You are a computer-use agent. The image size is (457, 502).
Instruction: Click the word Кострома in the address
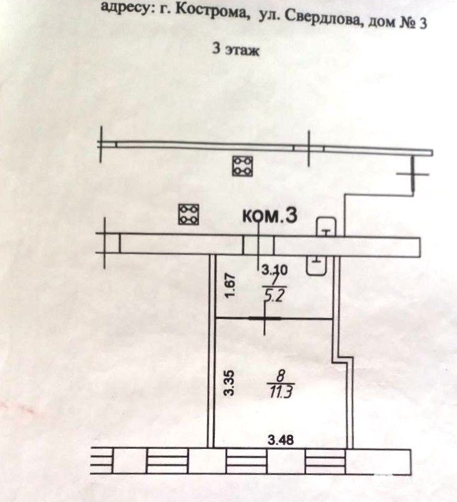[213, 12]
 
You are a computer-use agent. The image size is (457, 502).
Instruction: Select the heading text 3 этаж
[236, 49]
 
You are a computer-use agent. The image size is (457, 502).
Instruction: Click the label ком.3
[270, 215]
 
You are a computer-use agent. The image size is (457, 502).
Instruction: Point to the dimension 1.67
[231, 285]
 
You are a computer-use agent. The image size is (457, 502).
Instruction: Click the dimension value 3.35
[229, 383]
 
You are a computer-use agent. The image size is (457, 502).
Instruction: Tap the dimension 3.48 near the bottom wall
[281, 440]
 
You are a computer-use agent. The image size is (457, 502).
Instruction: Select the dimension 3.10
[274, 270]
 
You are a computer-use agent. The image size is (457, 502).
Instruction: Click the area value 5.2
[274, 295]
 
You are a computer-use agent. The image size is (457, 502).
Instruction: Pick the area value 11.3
[281, 392]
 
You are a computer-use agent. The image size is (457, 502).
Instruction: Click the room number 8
[280, 376]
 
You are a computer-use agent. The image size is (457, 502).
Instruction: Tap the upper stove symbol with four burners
[242, 166]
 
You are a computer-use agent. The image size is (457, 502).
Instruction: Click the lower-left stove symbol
[188, 214]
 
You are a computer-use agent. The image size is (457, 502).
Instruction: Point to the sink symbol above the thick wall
[326, 227]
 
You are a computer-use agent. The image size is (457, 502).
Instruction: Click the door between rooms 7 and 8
[265, 319]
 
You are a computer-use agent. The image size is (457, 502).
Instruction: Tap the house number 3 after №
[423, 23]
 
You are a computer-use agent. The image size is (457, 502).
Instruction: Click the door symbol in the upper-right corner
[413, 175]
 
